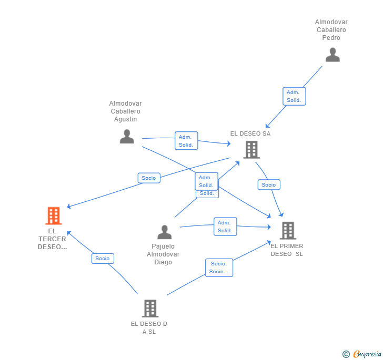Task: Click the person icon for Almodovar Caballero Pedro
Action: coord(332,55)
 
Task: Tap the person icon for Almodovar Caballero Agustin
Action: coord(127,137)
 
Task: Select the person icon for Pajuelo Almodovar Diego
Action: coord(165,232)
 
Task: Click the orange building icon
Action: coord(53,215)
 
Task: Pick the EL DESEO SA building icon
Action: coord(251,150)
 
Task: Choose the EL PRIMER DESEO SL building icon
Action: coord(287,230)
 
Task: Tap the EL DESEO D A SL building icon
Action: coord(150,308)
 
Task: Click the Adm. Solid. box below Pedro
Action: coord(294,96)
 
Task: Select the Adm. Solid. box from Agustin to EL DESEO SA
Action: coord(186,141)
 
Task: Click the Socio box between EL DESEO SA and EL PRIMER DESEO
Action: coord(269,185)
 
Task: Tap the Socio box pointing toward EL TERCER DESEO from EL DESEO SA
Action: coord(149,178)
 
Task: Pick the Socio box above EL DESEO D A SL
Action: coord(103,259)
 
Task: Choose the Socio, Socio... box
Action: coord(219,268)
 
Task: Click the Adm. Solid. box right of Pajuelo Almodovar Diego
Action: coord(225,227)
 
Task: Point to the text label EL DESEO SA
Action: coord(250,133)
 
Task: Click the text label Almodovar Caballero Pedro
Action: coord(331,30)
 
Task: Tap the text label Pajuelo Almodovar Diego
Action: coord(163,254)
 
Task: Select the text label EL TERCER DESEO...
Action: coord(53,239)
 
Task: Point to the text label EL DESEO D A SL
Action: coord(149,327)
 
